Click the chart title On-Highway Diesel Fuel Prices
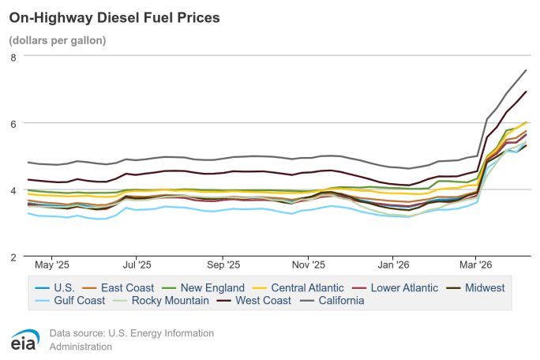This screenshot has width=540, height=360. (114, 16)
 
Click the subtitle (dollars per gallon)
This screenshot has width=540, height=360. (57, 39)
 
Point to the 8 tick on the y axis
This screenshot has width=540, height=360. (13, 57)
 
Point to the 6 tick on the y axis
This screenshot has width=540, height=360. (13, 123)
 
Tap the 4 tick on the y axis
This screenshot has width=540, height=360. (13, 190)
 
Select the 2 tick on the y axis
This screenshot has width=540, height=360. (13, 257)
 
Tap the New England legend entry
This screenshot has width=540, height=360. (209, 287)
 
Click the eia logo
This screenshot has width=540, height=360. (21, 339)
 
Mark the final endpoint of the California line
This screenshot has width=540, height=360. (527, 70)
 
